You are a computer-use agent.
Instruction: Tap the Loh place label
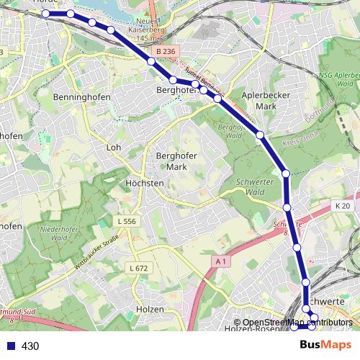tap(113, 147)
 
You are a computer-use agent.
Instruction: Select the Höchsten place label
tap(145, 183)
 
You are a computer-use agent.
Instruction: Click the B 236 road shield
tap(165, 52)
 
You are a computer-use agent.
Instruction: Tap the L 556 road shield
tap(127, 221)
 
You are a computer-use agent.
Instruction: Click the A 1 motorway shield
tap(221, 262)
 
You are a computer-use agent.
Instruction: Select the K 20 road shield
tap(342, 206)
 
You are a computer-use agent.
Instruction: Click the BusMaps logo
tap(326, 345)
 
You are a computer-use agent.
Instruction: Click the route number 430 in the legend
tap(30, 346)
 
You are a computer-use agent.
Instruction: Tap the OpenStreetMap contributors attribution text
tap(297, 322)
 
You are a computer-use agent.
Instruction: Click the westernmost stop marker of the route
tap(46, 14)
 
